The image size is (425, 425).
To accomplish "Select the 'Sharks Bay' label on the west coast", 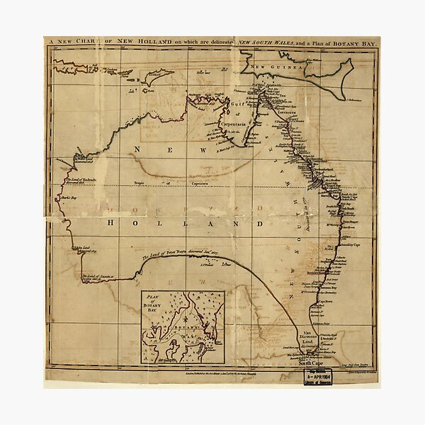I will (x=69, y=199).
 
